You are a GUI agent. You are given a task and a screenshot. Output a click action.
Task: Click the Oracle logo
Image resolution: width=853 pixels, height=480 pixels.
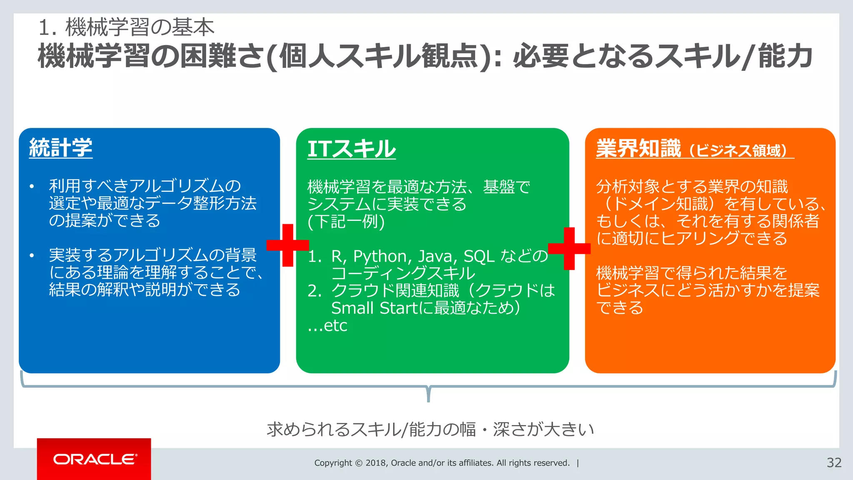click(x=95, y=459)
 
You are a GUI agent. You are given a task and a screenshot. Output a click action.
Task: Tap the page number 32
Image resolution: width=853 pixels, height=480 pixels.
click(x=834, y=462)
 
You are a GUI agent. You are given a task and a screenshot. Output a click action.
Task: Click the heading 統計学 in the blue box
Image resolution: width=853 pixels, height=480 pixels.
click(x=61, y=148)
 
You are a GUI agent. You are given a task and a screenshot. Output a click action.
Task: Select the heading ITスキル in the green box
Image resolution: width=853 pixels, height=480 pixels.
click(x=352, y=149)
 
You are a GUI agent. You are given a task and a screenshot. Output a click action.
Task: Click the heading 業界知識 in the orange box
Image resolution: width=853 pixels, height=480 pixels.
click(x=638, y=148)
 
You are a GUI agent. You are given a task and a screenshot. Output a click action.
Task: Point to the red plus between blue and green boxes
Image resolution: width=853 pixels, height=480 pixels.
click(x=287, y=245)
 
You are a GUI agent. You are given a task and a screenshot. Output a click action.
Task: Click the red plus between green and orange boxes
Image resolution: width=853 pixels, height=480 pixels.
click(x=569, y=248)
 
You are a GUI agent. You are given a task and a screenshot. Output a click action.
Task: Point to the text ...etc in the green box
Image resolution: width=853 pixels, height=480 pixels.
click(x=327, y=325)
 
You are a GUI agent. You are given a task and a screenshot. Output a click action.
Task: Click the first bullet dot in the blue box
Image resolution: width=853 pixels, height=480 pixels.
click(x=32, y=186)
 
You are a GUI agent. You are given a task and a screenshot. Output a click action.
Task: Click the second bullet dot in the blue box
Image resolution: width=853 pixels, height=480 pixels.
click(x=32, y=255)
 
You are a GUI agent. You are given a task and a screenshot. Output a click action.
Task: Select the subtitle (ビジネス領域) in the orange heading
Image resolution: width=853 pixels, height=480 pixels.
click(x=738, y=150)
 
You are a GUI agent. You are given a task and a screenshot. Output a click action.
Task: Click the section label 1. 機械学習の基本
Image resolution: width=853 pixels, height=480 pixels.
click(x=126, y=27)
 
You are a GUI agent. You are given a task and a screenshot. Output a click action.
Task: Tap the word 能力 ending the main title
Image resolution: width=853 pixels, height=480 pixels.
click(x=786, y=56)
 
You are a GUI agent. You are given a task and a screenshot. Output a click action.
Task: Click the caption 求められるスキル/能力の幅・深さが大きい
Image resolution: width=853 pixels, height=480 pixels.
click(x=430, y=429)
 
